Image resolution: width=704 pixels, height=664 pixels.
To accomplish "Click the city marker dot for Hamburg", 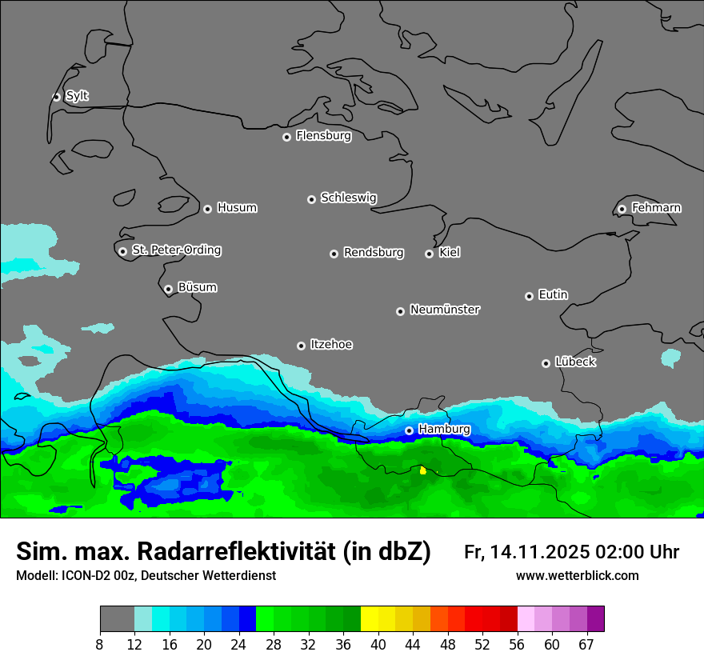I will pos(409,430).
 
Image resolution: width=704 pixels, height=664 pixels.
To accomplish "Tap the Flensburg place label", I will pos(323,136).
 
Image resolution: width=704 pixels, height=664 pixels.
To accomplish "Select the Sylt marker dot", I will pos(57,97).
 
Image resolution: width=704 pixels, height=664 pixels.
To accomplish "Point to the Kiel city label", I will pos(449,253).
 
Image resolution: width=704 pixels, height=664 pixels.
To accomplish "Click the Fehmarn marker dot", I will pos(622,209).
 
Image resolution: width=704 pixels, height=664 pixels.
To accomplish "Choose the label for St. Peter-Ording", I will pos(176,250).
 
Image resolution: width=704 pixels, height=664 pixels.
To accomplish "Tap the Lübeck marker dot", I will pos(546,363).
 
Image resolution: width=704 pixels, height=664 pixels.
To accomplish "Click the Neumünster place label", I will pos(445,310).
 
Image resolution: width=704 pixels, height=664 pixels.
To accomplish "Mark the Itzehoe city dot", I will pos(301,346).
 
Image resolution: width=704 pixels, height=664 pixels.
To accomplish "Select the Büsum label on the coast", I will pos(197,287).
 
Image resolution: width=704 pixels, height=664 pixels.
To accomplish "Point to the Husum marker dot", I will pos(207,209).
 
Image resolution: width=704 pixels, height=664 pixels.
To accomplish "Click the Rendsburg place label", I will pos(374,253).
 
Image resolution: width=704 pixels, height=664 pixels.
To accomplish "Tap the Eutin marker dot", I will pos(529,296).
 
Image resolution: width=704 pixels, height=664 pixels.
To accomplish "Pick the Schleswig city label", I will pos(348,198).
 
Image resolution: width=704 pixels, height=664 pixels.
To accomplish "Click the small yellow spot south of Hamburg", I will pos(422,470).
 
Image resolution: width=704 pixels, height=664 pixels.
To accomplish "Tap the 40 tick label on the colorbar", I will pos(378,645).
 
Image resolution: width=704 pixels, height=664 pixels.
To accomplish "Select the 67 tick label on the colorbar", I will pos(586,645).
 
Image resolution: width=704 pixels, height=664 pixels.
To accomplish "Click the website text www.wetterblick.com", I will pos(577,576).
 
